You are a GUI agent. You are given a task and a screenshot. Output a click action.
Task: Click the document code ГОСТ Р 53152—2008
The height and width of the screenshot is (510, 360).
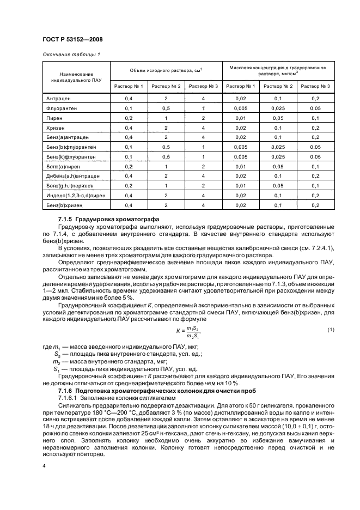click(72, 39)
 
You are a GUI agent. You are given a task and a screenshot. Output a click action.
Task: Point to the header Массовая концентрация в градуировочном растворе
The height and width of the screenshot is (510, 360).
click(278, 70)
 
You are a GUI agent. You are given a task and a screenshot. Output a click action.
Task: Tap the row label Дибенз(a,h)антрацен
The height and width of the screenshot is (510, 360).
click(71, 175)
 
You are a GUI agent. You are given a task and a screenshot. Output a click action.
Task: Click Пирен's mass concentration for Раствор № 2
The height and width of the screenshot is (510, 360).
click(278, 118)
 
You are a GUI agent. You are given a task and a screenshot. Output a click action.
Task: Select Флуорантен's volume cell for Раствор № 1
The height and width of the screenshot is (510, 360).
click(129, 108)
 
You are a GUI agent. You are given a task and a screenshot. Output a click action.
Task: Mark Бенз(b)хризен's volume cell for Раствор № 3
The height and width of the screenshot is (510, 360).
click(203, 204)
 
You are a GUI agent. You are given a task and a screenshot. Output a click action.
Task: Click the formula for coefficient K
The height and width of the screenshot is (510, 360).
click(188, 331)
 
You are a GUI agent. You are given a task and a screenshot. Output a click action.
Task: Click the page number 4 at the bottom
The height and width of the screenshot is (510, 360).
click(44, 466)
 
